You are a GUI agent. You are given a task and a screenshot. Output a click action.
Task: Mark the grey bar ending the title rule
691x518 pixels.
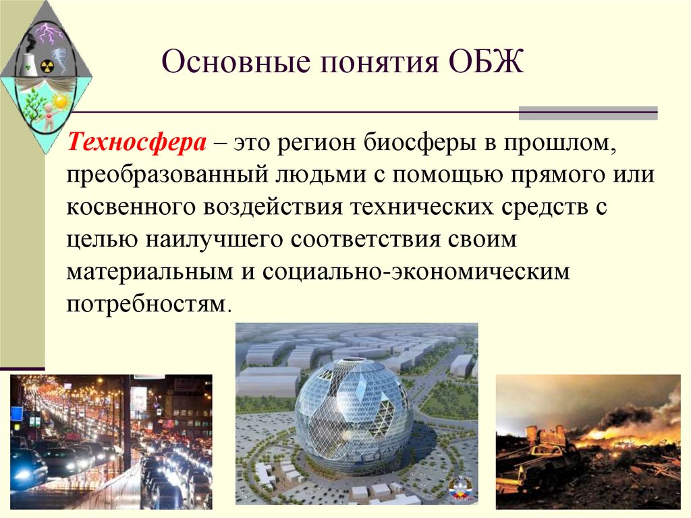[x=588, y=113]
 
